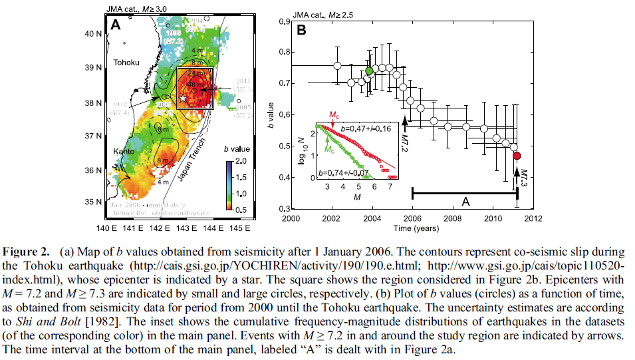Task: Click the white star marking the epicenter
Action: pyautogui.click(x=182, y=98)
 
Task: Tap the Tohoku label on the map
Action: pyautogui.click(x=126, y=63)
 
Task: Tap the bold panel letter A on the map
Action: pyautogui.click(x=115, y=25)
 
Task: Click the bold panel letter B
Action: pyautogui.click(x=301, y=29)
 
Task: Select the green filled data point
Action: pyautogui.click(x=370, y=71)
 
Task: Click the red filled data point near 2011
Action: pyautogui.click(x=517, y=156)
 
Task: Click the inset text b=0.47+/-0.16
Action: pyautogui.click(x=365, y=126)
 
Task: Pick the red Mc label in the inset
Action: pyautogui.click(x=336, y=114)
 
